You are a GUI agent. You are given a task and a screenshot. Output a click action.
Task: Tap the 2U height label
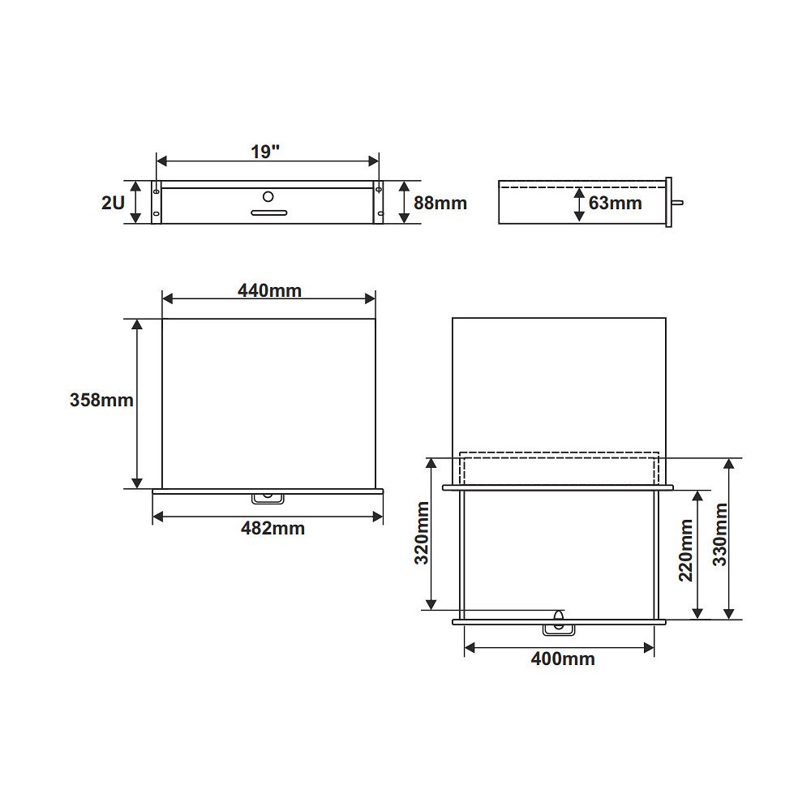[x=113, y=203]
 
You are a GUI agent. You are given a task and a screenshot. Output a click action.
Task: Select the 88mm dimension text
[x=440, y=203]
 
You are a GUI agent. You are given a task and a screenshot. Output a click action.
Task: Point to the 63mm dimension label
[x=615, y=203]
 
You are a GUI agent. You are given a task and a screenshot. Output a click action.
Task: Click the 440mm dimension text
[x=269, y=290]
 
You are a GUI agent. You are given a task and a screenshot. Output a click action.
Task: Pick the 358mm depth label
[x=101, y=400]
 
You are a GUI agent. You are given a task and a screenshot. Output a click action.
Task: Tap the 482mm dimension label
[x=272, y=528]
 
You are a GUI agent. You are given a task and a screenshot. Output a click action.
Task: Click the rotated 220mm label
[x=686, y=550]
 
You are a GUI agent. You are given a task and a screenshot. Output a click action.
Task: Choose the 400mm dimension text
[x=563, y=659]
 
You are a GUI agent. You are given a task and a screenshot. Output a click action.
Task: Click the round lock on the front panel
[x=268, y=195]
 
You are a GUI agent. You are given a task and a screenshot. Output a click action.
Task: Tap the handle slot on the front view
[x=268, y=212]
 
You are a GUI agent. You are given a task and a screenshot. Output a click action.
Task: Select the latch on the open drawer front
[x=558, y=625]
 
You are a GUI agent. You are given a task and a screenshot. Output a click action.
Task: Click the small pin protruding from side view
[x=678, y=202]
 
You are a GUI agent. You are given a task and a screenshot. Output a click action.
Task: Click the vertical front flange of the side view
[x=668, y=202]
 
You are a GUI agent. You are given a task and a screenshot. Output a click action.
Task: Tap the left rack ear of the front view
[x=156, y=202]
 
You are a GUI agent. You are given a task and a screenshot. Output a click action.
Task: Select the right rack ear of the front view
[x=379, y=202]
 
